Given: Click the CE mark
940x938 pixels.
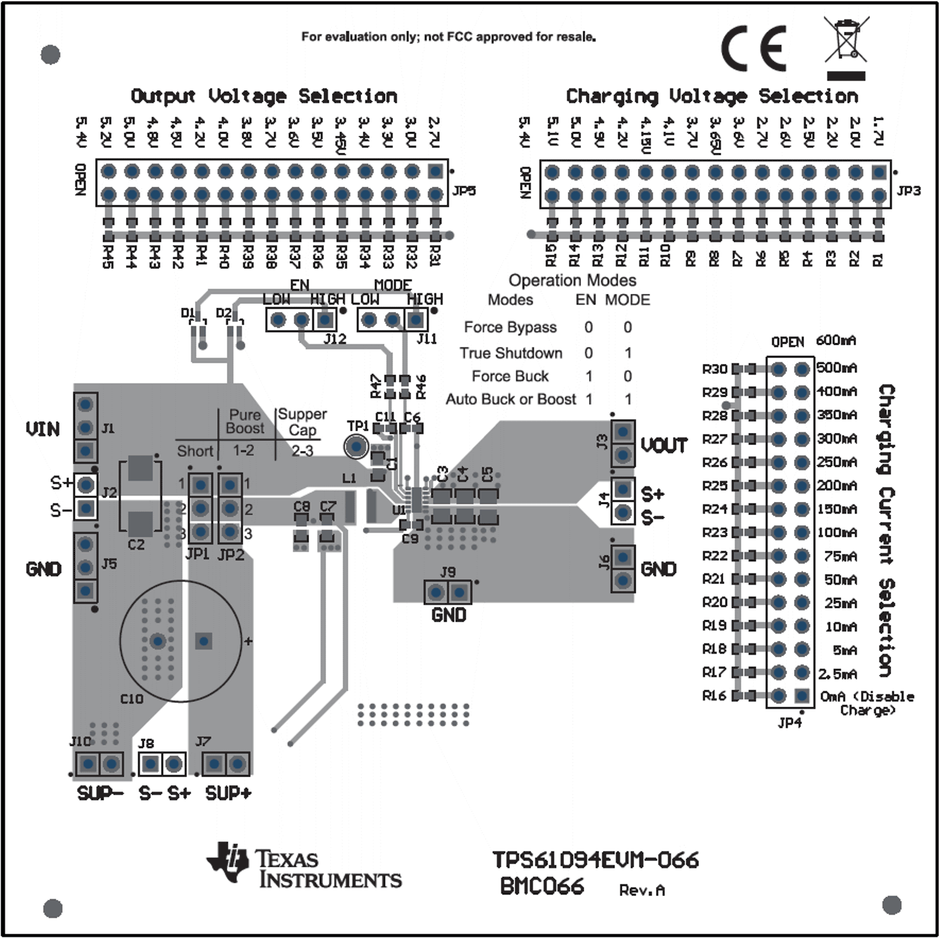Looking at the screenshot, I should click(754, 49).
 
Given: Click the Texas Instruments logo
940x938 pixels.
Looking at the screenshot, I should click(304, 866).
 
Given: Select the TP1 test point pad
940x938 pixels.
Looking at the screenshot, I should click(357, 447).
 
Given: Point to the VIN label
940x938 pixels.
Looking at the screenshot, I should click(43, 429).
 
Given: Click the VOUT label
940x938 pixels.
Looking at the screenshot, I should click(664, 446).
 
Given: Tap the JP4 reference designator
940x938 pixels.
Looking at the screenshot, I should click(789, 723).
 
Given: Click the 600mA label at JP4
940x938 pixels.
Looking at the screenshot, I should click(835, 340).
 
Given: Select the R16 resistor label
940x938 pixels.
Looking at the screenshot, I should click(714, 696).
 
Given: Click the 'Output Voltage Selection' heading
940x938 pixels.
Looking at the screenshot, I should click(264, 96).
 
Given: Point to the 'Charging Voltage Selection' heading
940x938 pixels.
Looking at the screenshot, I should click(712, 96).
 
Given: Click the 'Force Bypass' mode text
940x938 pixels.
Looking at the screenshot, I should click(510, 327).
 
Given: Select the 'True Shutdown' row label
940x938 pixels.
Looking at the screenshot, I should click(511, 353).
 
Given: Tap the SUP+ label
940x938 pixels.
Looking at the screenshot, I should click(228, 793).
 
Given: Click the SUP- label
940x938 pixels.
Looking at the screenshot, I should click(100, 793).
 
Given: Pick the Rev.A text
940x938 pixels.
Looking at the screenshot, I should click(642, 890).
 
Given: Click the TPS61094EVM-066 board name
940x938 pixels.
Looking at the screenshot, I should click(595, 860).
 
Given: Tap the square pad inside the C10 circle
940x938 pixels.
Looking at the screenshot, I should click(203, 641).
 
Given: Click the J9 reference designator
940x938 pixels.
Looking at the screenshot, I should click(447, 572).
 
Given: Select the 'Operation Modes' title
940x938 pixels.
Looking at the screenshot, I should click(572, 280).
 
